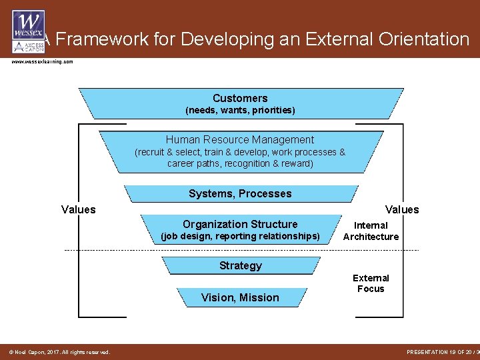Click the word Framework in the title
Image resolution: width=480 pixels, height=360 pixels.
tap(99, 40)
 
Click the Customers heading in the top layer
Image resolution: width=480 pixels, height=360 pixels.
tap(240, 98)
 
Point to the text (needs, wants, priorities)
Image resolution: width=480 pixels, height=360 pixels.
tap(240, 110)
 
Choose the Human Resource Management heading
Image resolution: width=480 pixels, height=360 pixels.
tap(240, 139)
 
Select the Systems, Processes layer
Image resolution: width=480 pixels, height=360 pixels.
tap(240, 193)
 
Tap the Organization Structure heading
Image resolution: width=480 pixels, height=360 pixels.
tap(240, 224)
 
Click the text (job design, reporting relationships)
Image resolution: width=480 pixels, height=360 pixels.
tap(240, 237)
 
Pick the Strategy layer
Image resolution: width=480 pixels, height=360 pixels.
tap(240, 265)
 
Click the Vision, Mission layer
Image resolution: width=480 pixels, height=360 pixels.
tap(240, 297)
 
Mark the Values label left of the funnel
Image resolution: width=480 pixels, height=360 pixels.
tap(79, 210)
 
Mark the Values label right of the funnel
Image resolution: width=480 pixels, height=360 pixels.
tap(402, 210)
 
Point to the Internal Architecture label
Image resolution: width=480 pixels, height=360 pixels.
tap(371, 231)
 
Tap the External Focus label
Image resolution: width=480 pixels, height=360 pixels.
tap(371, 283)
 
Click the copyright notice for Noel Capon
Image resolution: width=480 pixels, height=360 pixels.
tap(59, 352)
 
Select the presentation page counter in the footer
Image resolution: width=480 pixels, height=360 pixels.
tap(442, 352)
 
